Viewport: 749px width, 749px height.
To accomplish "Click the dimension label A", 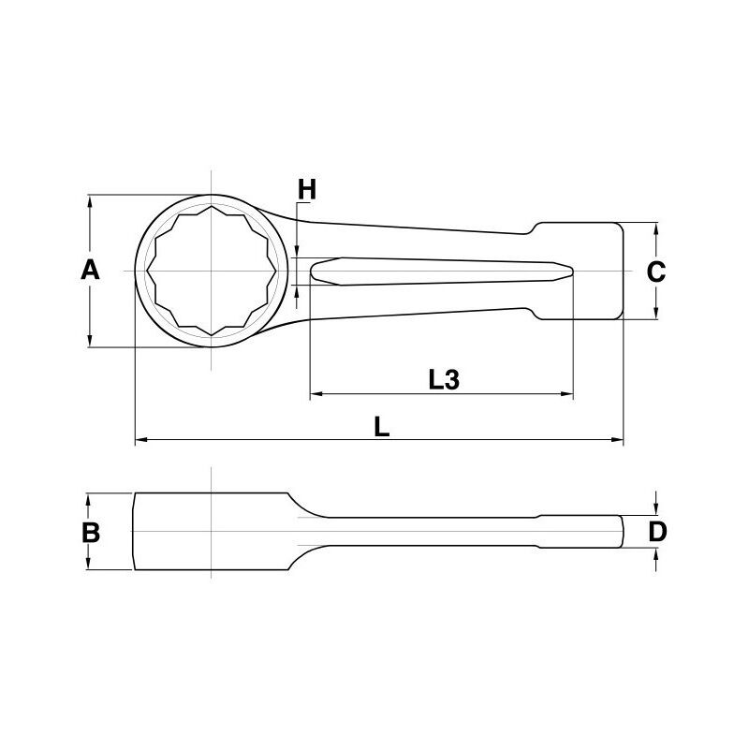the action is click(x=90, y=270).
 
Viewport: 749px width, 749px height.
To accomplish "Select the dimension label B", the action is click(x=91, y=532).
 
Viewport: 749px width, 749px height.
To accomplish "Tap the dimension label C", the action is click(x=656, y=272).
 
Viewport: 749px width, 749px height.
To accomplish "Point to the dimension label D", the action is click(x=657, y=531).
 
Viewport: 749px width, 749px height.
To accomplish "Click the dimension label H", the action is click(x=307, y=189).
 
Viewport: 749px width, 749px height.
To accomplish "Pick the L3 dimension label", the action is click(x=444, y=379).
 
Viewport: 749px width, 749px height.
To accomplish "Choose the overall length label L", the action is click(x=381, y=427).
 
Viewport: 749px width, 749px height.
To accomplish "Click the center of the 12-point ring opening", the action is click(x=213, y=271).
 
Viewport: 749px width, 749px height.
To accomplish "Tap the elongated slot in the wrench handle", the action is click(x=441, y=272).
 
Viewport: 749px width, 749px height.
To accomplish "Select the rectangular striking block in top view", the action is click(x=578, y=271).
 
